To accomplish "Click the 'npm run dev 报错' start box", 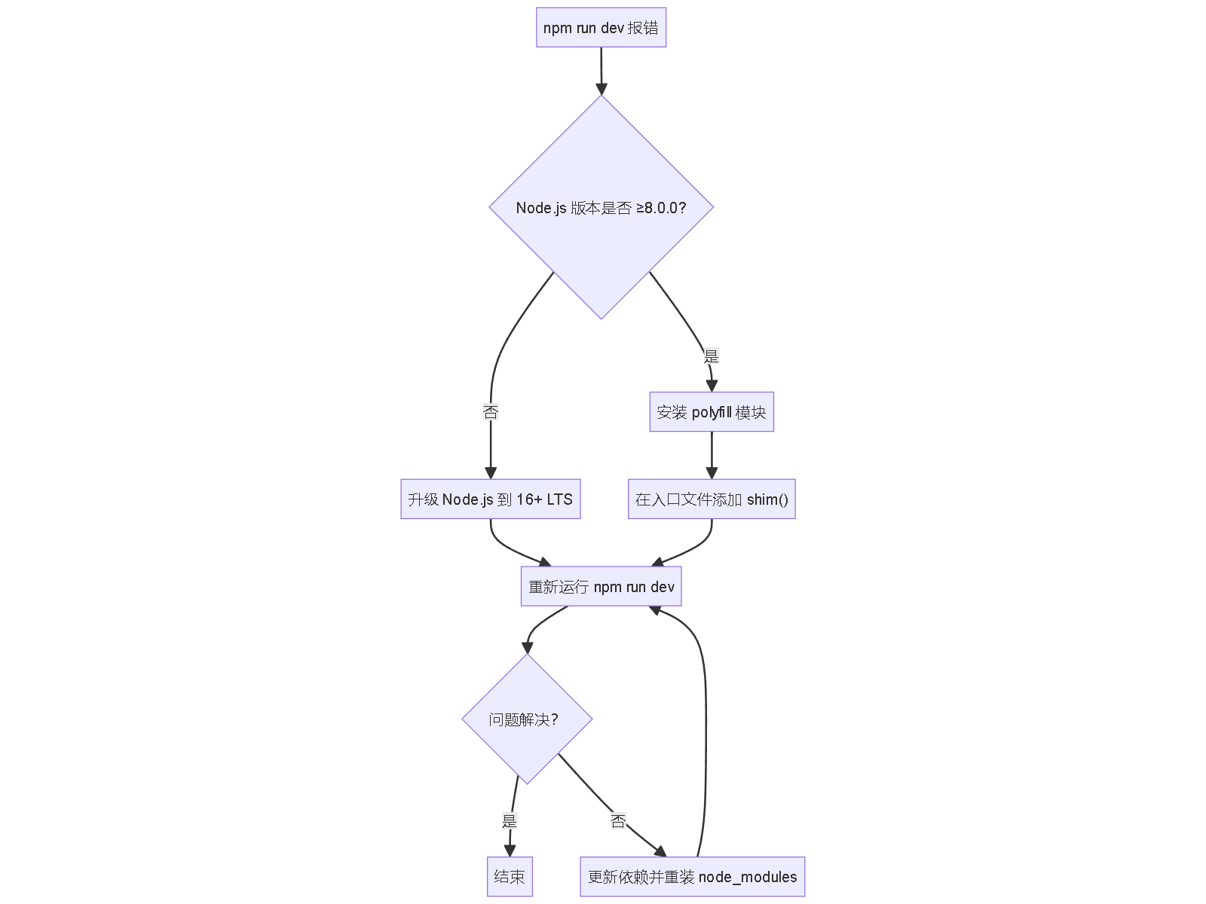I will [601, 28].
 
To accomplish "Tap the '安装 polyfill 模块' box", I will [712, 412].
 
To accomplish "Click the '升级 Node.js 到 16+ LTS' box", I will [490, 499].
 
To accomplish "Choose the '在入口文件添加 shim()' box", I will [712, 499].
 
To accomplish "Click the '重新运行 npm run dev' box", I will [601, 587].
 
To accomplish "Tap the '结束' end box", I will [510, 877].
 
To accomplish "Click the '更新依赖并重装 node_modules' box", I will [692, 877].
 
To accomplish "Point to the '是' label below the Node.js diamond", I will [712, 356].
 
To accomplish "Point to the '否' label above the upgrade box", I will [491, 412].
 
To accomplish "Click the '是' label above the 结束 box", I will [510, 821].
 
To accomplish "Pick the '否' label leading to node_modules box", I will [618, 821].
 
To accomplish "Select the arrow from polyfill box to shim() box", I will [712, 454].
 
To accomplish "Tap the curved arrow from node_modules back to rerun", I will [706, 723].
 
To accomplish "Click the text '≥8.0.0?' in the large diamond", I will [661, 208].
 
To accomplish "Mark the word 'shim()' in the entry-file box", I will [767, 499].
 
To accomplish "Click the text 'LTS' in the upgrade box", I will [559, 499].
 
